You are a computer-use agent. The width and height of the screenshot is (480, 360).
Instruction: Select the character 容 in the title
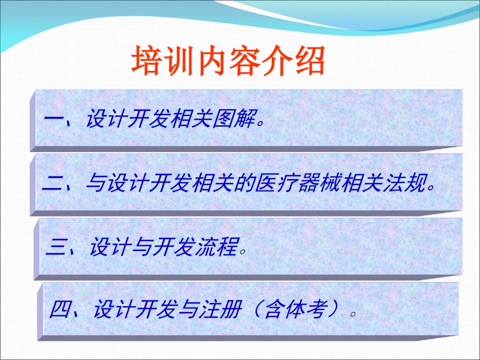(x=245, y=60)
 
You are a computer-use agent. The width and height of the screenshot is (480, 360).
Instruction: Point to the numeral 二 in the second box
(x=53, y=183)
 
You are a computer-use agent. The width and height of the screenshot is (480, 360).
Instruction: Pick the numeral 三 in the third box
(x=56, y=247)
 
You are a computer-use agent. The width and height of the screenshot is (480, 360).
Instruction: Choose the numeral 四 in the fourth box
(x=61, y=309)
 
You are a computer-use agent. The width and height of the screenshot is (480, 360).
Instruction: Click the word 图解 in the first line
(x=234, y=118)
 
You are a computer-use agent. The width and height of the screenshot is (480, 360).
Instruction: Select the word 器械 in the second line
(x=319, y=183)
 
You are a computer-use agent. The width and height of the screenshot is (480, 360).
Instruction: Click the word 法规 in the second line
(x=405, y=183)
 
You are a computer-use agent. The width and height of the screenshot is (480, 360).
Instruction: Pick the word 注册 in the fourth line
(x=220, y=309)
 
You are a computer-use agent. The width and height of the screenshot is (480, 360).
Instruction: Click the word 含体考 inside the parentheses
(x=296, y=309)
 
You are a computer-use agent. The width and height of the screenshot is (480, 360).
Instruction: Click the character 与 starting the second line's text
(x=97, y=183)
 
